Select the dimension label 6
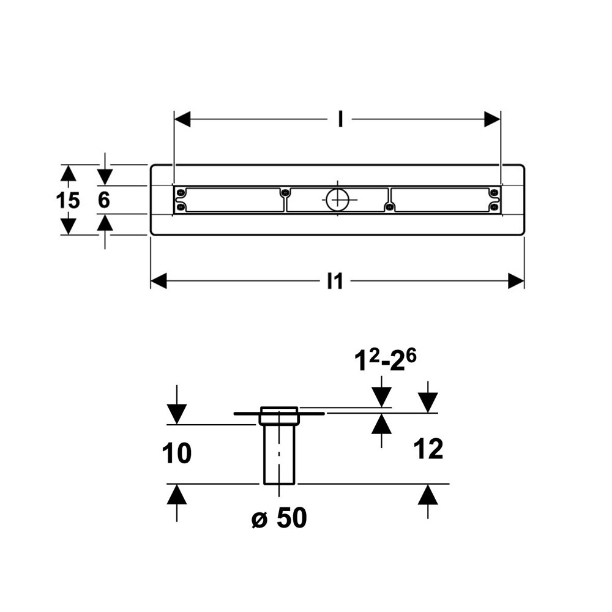[104, 200]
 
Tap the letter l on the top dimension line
[340, 120]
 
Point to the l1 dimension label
[335, 281]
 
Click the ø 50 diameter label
[278, 519]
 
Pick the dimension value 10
[177, 453]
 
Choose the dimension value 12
[428, 450]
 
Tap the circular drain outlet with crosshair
[337, 199]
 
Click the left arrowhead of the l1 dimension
[159, 281]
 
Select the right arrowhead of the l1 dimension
[516, 281]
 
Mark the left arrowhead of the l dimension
[183, 120]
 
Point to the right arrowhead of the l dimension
[492, 120]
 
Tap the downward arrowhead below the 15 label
[69, 226]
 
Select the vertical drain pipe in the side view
[279, 453]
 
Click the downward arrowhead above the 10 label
[176, 415]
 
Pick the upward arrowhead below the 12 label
[428, 493]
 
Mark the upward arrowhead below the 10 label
[176, 493]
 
